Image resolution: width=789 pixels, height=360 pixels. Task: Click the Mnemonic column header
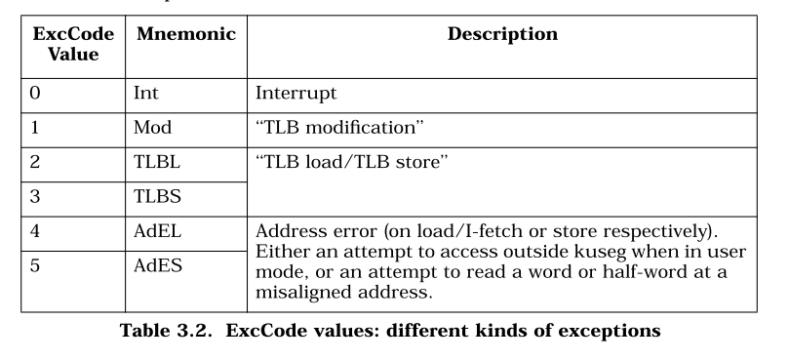[186, 34]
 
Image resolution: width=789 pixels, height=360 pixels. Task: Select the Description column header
[502, 34]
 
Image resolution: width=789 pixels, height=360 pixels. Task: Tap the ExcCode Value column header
[73, 44]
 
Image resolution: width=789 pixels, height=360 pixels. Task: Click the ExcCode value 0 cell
[35, 93]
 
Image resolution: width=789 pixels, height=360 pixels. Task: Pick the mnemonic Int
[146, 93]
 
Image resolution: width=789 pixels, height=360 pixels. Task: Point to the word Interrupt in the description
[296, 94]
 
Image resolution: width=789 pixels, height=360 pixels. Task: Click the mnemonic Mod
[152, 128]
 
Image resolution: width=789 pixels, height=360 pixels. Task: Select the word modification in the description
[359, 128]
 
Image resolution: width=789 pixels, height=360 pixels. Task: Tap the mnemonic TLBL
[157, 162]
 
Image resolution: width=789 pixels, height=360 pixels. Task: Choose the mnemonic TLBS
[157, 196]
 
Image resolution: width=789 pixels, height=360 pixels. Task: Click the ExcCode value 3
[35, 196]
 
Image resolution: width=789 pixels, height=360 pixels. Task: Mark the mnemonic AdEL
[157, 231]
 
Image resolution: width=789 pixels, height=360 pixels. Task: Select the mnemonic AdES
[158, 265]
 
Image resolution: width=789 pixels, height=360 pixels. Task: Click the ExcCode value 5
[35, 265]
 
